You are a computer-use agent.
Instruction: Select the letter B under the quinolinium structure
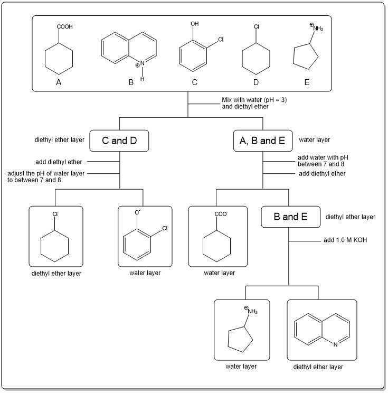point(131,82)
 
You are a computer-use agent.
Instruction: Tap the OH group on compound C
point(195,24)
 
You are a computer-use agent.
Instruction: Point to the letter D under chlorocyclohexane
point(256,82)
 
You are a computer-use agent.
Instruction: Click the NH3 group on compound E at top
point(317,27)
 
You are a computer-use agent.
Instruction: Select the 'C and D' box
point(120,141)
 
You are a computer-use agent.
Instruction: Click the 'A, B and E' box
point(263,141)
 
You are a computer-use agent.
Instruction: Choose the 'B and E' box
point(290,217)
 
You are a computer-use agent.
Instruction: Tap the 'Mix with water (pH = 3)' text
point(254,99)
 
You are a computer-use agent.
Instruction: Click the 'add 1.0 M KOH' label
point(345,240)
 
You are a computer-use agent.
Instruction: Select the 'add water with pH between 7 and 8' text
point(324,161)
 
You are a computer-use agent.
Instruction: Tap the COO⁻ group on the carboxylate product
point(220,214)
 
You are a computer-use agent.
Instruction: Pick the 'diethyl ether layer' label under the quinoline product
point(318,367)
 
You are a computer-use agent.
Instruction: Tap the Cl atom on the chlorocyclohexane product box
point(55,214)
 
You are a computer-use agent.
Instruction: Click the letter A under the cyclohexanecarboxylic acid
point(59,82)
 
